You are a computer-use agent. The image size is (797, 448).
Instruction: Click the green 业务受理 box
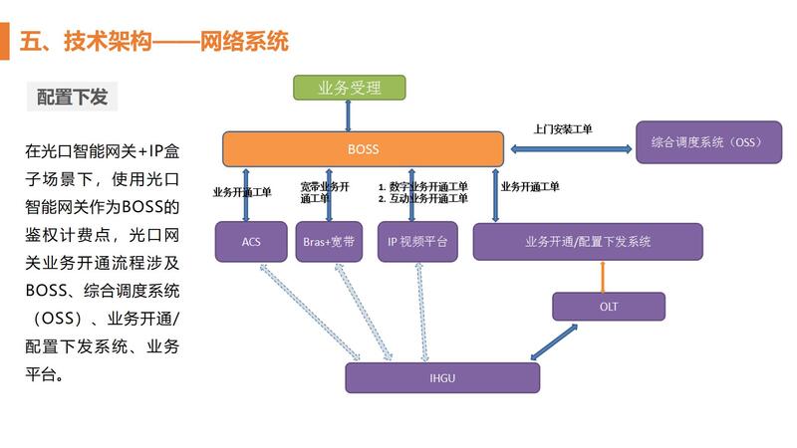point(349,88)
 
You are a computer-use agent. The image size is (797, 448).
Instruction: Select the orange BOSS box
point(363,149)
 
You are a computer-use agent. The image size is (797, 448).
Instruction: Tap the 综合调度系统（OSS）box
point(705,142)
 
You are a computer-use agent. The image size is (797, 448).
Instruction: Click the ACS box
point(250,242)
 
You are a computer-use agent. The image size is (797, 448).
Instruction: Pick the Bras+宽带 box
point(329,242)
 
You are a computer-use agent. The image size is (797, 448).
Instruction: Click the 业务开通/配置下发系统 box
point(587,242)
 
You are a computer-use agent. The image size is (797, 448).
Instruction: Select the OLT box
point(608,307)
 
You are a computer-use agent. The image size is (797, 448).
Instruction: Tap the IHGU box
point(441,378)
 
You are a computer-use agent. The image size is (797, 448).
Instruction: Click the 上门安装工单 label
point(563,129)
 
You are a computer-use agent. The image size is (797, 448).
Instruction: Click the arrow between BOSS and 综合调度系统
point(571,149)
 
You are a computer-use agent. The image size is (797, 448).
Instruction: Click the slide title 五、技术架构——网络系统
point(154,42)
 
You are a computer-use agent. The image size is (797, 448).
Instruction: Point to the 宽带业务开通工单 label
point(325,192)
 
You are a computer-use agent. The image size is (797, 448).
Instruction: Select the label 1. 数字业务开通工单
point(423,186)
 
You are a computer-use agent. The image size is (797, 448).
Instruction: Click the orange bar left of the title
point(8,42)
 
